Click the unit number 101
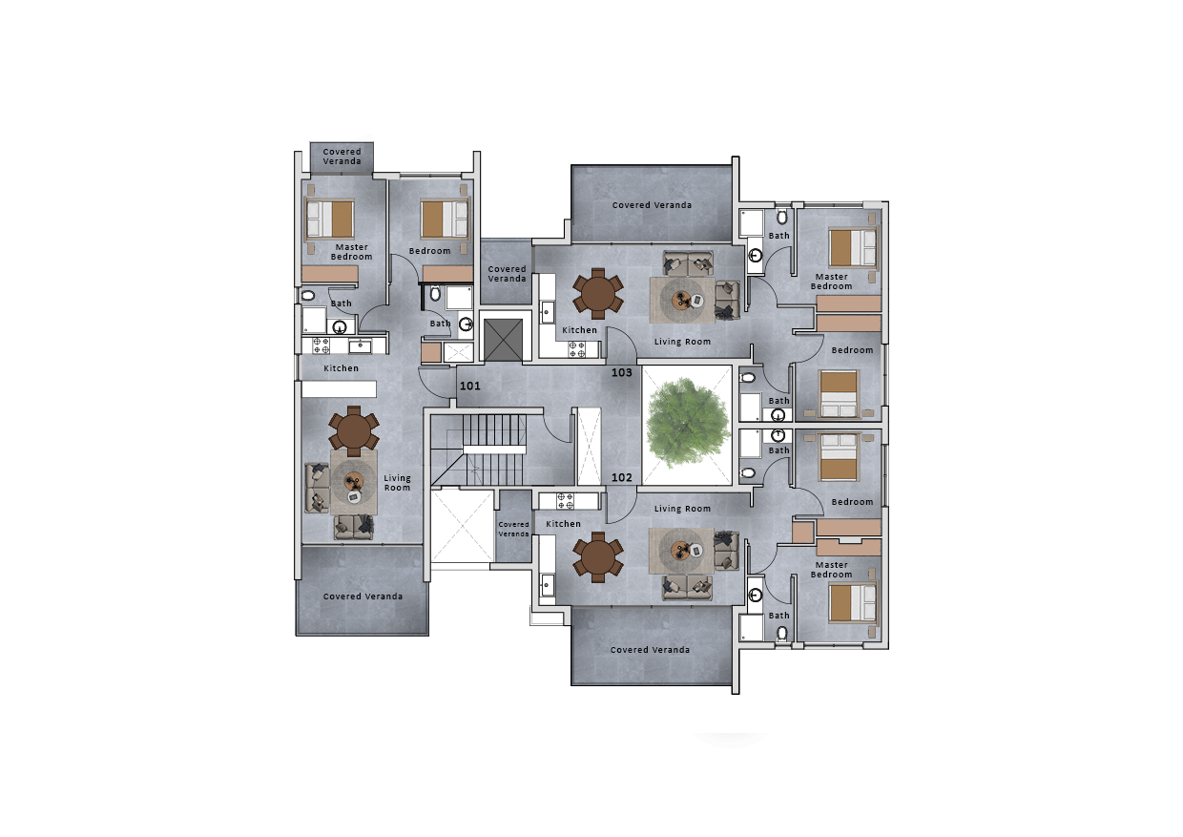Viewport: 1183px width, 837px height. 469,387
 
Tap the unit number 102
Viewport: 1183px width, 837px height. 622,478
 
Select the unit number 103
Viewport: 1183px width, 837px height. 622,372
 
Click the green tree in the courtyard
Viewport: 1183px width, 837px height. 687,423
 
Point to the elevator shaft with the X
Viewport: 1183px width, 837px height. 504,339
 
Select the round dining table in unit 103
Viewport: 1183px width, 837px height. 598,293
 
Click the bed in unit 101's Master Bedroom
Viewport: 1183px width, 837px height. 329,220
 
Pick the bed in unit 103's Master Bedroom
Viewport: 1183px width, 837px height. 852,248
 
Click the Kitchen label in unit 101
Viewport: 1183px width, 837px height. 342,368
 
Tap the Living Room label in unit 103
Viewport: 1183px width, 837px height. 682,341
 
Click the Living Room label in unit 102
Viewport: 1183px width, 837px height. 682,509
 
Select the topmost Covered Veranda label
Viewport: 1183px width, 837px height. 342,157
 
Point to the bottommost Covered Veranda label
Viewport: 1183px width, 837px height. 650,650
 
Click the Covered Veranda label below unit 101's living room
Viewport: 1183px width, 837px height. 363,596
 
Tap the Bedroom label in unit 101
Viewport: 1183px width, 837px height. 429,251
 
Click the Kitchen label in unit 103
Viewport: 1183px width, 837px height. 579,330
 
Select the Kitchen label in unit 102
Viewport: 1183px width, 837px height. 563,524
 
